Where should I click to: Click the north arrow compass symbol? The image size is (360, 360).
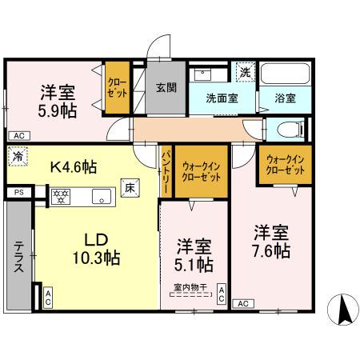pyautogui.click(x=342, y=309)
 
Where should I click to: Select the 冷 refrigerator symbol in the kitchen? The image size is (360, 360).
pyautogui.click(x=18, y=158)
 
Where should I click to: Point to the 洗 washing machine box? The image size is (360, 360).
pyautogui.click(x=245, y=73)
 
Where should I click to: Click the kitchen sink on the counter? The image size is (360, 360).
pyautogui.click(x=102, y=194)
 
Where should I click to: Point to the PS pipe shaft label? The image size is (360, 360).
pyautogui.click(x=18, y=193)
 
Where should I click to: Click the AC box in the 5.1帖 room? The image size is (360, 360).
pyautogui.click(x=221, y=294)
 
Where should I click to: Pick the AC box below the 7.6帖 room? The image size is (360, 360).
pyautogui.click(x=244, y=303)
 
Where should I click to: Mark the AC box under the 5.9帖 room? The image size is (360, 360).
pyautogui.click(x=18, y=135)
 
